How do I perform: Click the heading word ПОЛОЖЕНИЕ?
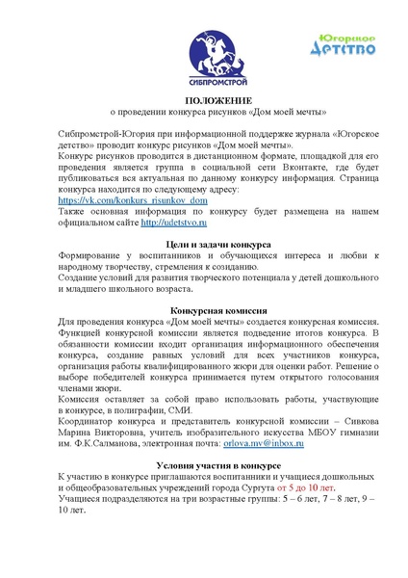pyautogui.click(x=203, y=99)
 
